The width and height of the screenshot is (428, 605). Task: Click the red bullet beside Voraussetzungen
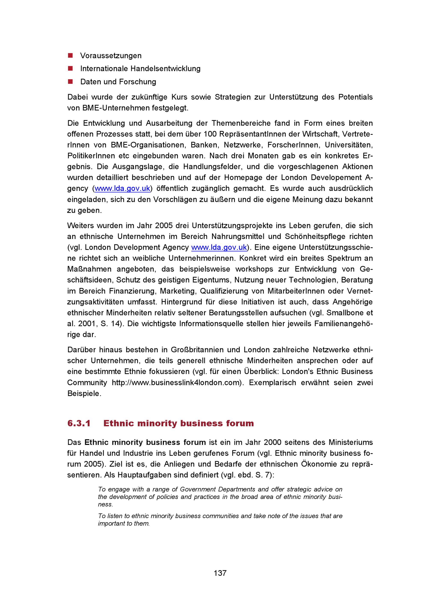pyautogui.click(x=70, y=55)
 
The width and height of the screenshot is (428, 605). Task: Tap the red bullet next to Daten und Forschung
pyautogui.click(x=70, y=81)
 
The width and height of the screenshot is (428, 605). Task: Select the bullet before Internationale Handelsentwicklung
pyautogui.click(x=70, y=68)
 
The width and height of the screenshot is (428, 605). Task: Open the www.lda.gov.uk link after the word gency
pyautogui.click(x=122, y=188)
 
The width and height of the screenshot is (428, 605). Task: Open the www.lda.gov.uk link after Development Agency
pyautogui.click(x=219, y=247)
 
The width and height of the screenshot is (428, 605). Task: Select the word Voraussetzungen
pyautogui.click(x=111, y=56)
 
